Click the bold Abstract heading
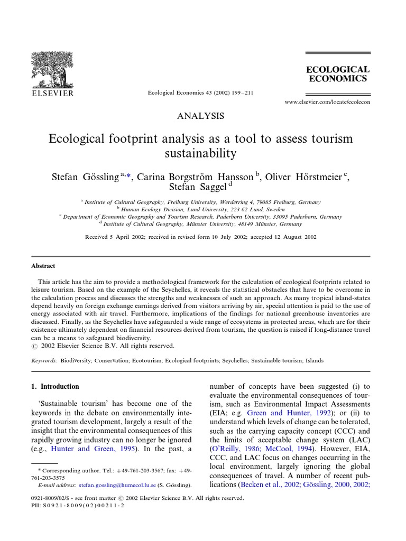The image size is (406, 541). (x=43, y=266)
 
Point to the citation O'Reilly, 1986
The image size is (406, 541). (x=233, y=448)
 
